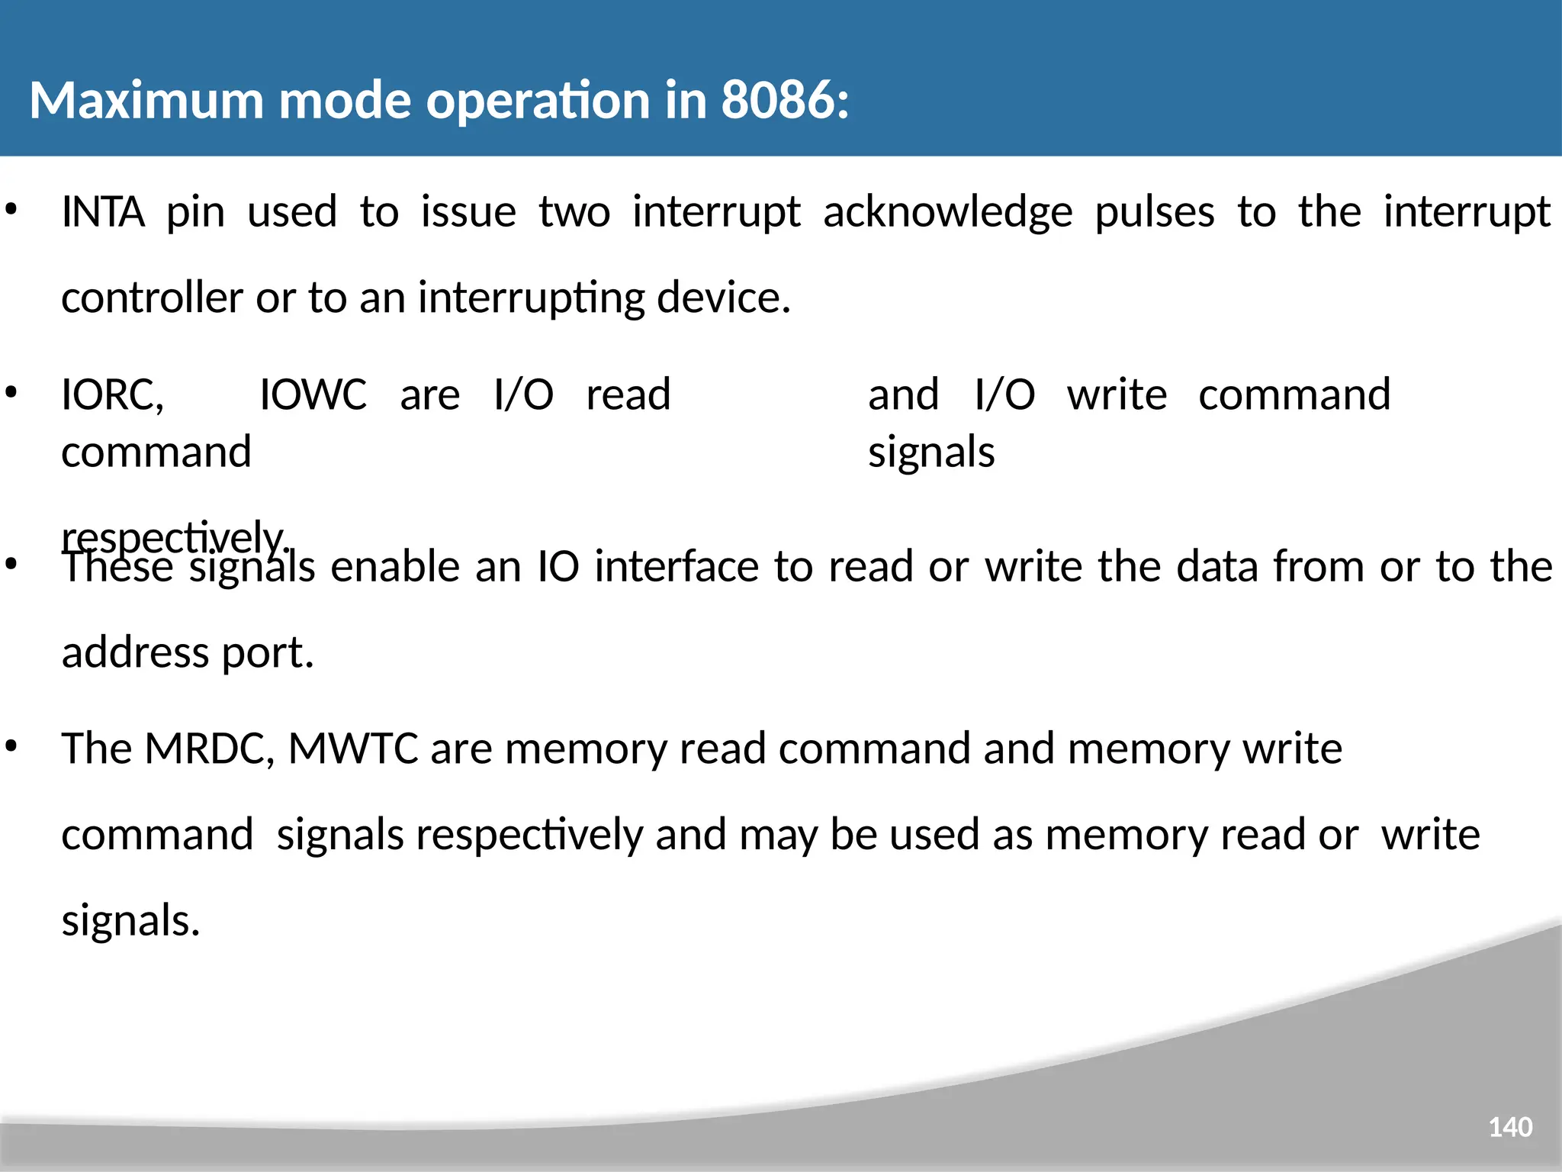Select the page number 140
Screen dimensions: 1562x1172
pyautogui.click(x=1510, y=1127)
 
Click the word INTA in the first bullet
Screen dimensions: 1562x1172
pyautogui.click(x=103, y=211)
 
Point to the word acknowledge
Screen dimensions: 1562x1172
pyautogui.click(x=947, y=213)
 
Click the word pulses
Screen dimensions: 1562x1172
pyautogui.click(x=1155, y=213)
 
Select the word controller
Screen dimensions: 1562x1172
pyautogui.click(x=152, y=298)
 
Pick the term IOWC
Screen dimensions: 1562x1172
pyautogui.click(x=313, y=394)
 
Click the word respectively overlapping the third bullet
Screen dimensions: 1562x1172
pyautogui.click(x=174, y=537)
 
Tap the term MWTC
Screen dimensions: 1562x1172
pyautogui.click(x=352, y=749)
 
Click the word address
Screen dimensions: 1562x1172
pyautogui.click(x=135, y=653)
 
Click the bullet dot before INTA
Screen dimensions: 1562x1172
pyautogui.click(x=11, y=208)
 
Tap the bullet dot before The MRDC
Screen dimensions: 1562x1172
pyautogui.click(x=11, y=745)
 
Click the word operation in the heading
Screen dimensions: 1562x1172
pyautogui.click(x=537, y=100)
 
